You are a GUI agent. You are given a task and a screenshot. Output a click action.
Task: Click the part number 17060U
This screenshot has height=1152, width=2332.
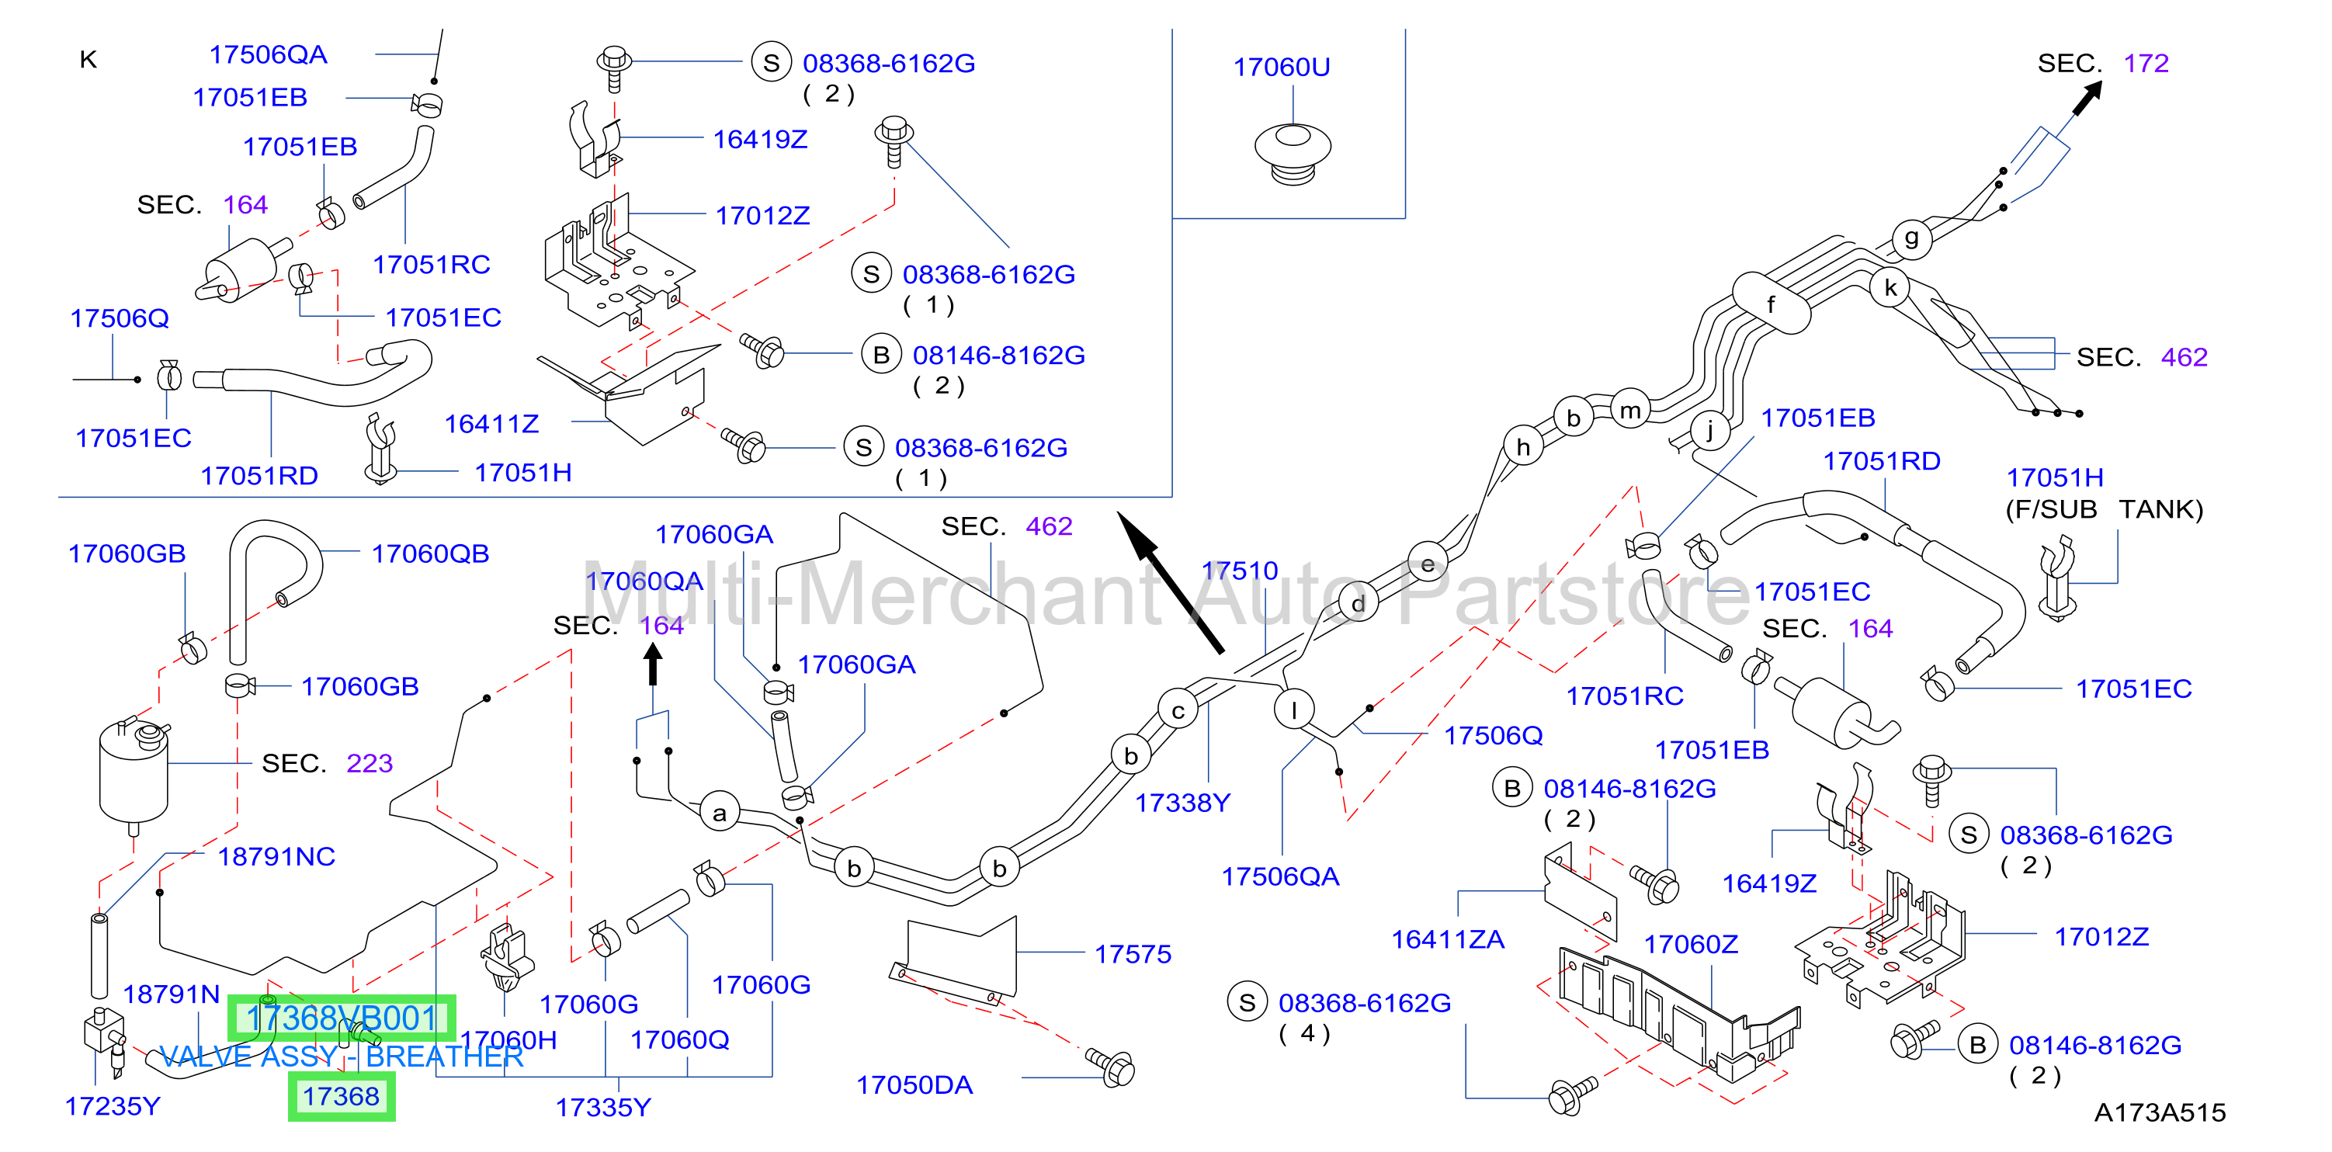[x=1281, y=67]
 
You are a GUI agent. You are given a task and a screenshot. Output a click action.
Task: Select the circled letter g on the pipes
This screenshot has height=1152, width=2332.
[x=1911, y=238]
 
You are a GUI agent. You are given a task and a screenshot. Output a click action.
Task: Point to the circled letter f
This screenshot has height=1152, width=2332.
[x=1771, y=304]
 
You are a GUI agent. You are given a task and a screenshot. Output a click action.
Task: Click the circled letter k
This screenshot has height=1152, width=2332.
[x=1890, y=288]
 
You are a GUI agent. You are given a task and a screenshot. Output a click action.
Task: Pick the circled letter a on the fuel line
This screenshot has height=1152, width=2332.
[x=720, y=813]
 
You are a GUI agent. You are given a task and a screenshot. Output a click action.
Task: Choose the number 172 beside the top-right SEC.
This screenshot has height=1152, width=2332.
[x=2146, y=64]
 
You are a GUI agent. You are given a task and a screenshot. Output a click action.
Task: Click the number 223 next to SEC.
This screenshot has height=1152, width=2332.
[x=370, y=764]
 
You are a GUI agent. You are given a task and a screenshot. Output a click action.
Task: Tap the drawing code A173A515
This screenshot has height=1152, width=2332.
[x=2160, y=1112]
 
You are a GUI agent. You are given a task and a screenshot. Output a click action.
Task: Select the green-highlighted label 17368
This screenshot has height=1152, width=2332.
[x=342, y=1097]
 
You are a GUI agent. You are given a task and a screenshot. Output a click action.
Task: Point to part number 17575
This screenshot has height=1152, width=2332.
[x=1133, y=954]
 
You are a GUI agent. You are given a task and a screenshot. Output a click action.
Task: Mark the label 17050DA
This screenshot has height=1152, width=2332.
[x=914, y=1085]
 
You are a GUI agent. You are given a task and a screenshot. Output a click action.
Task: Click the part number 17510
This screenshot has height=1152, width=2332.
[x=1239, y=571]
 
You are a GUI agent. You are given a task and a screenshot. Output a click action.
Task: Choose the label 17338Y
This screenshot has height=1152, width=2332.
[x=1182, y=803]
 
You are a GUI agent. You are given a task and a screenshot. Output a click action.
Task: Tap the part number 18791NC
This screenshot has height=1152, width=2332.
[x=276, y=856]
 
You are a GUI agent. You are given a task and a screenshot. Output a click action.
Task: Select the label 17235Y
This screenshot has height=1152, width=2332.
[x=113, y=1106]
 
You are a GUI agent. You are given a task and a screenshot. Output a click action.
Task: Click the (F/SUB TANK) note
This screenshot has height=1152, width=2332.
[x=2104, y=509]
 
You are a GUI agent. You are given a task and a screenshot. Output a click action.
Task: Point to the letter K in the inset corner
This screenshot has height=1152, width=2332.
[x=88, y=60]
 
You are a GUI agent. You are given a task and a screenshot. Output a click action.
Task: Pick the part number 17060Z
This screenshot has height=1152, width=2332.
[x=1690, y=945]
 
